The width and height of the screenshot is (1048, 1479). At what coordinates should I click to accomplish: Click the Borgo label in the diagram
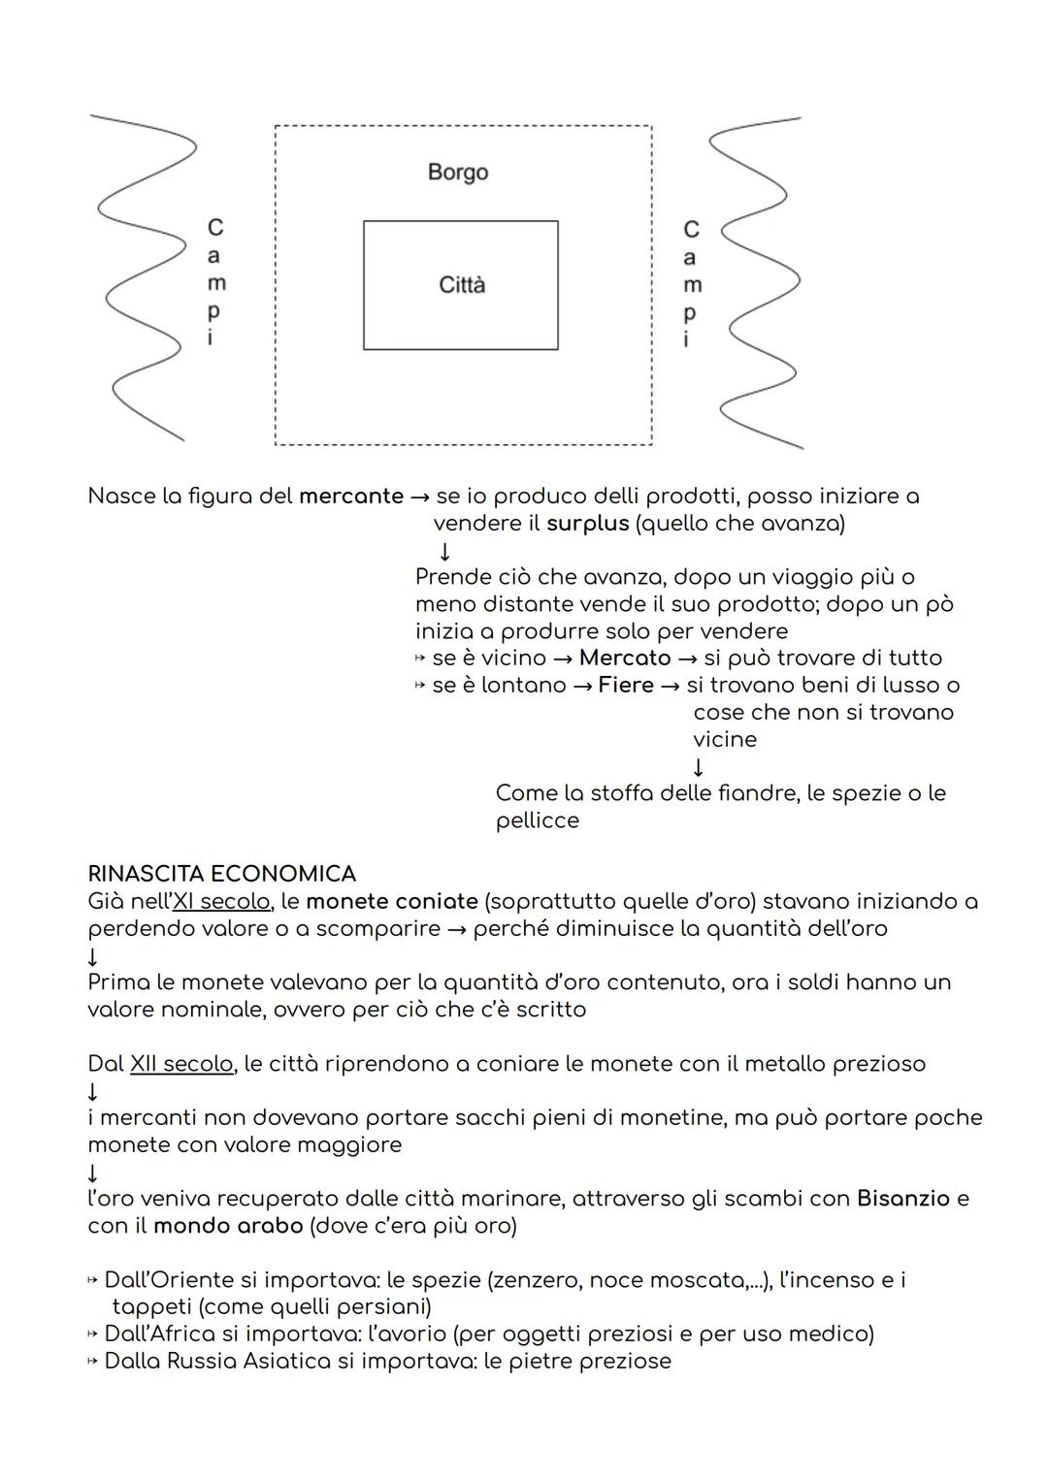[457, 173]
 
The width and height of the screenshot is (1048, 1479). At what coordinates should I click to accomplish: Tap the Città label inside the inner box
[462, 285]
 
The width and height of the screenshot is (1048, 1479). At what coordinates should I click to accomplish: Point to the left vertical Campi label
[214, 282]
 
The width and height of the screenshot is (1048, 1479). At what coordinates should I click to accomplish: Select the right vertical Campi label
[691, 284]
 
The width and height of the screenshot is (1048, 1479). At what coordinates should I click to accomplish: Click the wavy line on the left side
[146, 281]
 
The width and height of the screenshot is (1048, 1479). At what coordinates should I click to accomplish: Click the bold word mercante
[351, 497]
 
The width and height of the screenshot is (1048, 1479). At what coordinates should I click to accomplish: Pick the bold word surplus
[588, 524]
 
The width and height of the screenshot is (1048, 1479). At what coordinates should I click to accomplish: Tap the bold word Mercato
[625, 658]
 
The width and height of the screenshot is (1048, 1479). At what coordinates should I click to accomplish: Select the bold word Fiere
[626, 685]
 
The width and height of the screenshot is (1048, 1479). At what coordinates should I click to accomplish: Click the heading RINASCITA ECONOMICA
[221, 874]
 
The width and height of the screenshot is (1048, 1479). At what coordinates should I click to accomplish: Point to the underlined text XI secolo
[220, 901]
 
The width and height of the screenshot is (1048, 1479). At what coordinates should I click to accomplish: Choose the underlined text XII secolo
[181, 1064]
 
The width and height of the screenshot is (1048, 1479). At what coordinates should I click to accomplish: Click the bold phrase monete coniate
[392, 901]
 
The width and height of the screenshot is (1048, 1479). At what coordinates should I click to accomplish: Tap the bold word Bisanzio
[903, 1199]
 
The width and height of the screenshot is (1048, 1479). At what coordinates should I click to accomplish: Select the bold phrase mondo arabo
[228, 1226]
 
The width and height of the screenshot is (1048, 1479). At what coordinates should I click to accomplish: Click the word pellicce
[538, 820]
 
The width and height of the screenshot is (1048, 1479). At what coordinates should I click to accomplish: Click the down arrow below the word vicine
[699, 767]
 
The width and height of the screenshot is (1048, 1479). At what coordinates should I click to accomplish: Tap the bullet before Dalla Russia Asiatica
[93, 1362]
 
